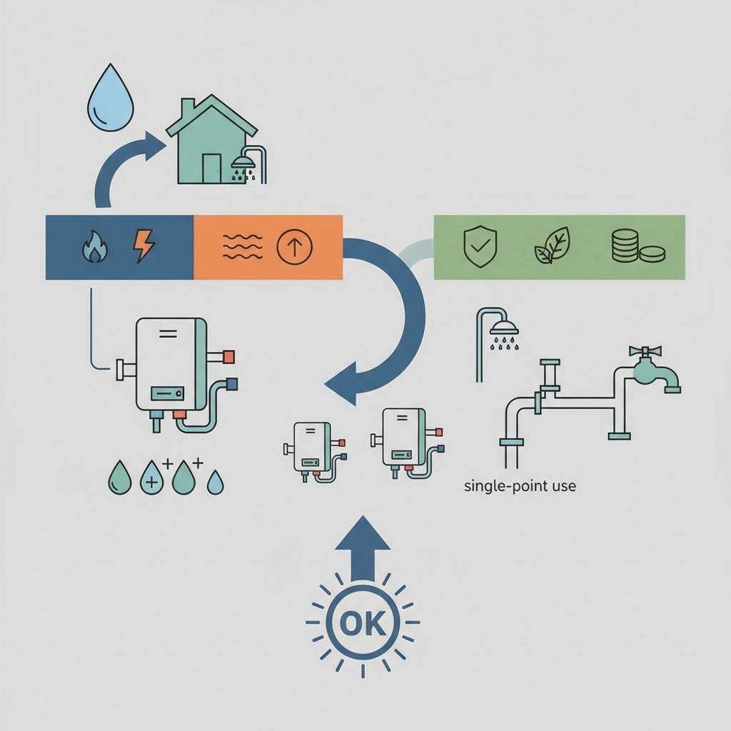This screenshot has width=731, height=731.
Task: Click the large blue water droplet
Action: click(111, 98)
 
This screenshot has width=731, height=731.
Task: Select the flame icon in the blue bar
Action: click(95, 248)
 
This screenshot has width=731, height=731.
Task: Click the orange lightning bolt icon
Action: click(143, 246)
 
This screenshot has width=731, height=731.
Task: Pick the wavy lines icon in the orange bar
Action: click(243, 246)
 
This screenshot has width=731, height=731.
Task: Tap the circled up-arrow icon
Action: click(294, 246)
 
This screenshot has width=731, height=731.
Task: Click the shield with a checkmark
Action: click(480, 246)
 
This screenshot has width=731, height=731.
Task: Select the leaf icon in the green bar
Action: click(553, 246)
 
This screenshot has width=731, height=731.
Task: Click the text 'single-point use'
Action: click(520, 485)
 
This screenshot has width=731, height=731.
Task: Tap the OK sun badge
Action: click(363, 622)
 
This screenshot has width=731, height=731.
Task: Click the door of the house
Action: click(211, 168)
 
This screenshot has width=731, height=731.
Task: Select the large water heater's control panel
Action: click(167, 393)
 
